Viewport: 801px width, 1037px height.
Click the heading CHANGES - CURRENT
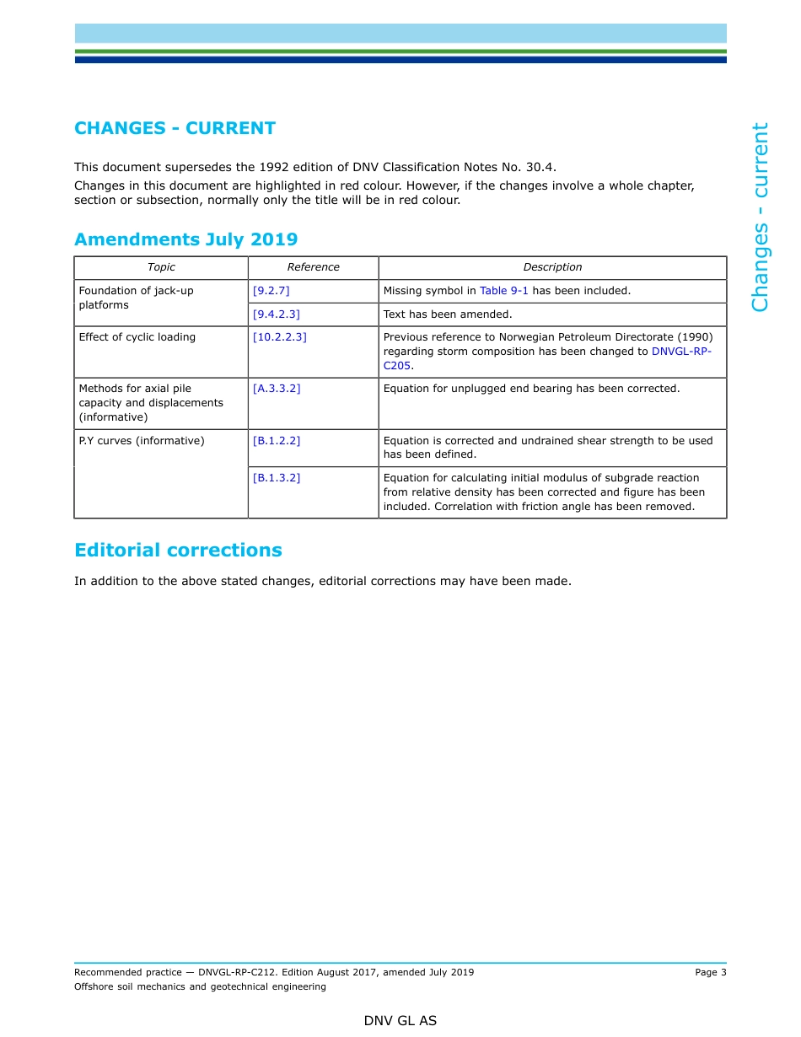tap(175, 128)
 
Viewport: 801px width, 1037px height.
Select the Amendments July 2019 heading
tap(185, 239)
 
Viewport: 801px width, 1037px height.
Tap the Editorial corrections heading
tap(178, 551)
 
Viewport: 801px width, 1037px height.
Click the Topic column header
tap(161, 267)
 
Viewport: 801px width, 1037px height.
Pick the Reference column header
tap(313, 267)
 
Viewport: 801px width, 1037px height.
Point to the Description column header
tap(552, 267)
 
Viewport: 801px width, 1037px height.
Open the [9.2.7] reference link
tap(271, 291)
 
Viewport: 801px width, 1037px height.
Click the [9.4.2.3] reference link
tap(276, 314)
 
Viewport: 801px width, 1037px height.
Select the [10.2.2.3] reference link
tap(279, 337)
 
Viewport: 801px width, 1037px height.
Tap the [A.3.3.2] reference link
tap(276, 389)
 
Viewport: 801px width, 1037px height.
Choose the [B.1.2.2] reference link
tap(276, 441)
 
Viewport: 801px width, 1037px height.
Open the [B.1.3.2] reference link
tap(276, 478)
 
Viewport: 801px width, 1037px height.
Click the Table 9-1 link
tap(503, 291)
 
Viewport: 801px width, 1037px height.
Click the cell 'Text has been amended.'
tap(448, 314)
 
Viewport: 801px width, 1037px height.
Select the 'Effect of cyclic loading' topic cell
tap(137, 337)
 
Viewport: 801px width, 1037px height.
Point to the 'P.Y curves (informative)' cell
tap(141, 441)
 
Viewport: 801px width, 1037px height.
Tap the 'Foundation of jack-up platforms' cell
tap(136, 298)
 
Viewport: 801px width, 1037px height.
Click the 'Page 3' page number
tap(710, 972)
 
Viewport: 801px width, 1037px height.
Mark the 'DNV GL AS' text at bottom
tap(400, 1021)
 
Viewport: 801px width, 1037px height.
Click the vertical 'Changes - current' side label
tap(761, 217)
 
